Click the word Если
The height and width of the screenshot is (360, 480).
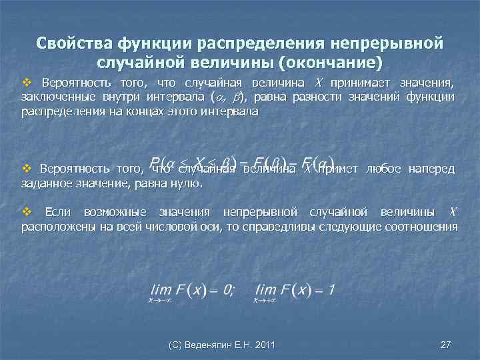tap(57, 213)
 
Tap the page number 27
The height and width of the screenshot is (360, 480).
tap(446, 345)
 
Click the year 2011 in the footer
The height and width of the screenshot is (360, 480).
tap(265, 345)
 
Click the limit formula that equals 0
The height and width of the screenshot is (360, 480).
tap(190, 291)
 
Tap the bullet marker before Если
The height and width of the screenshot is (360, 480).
tap(27, 213)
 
